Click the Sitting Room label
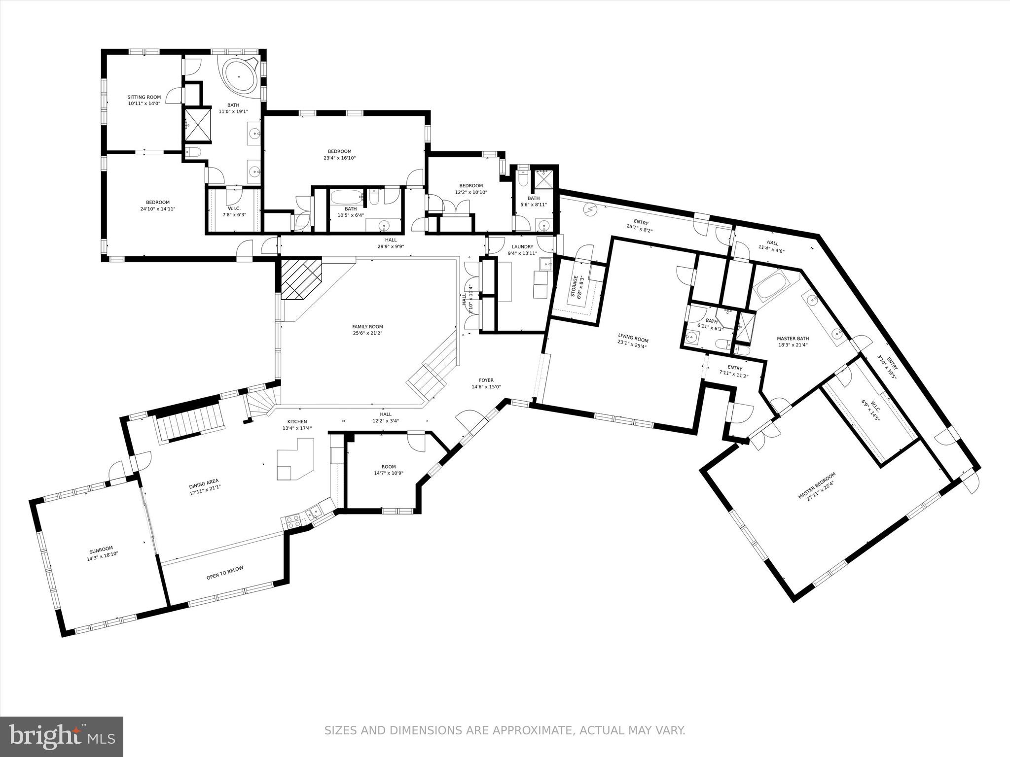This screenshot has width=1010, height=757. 144,98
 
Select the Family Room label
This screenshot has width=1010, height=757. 367,327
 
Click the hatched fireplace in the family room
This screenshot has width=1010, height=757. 301,278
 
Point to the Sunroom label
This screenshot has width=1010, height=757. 101,549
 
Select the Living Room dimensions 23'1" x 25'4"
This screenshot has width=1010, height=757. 633,345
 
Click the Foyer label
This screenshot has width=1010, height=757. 486,380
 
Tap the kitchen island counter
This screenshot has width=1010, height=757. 295,459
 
